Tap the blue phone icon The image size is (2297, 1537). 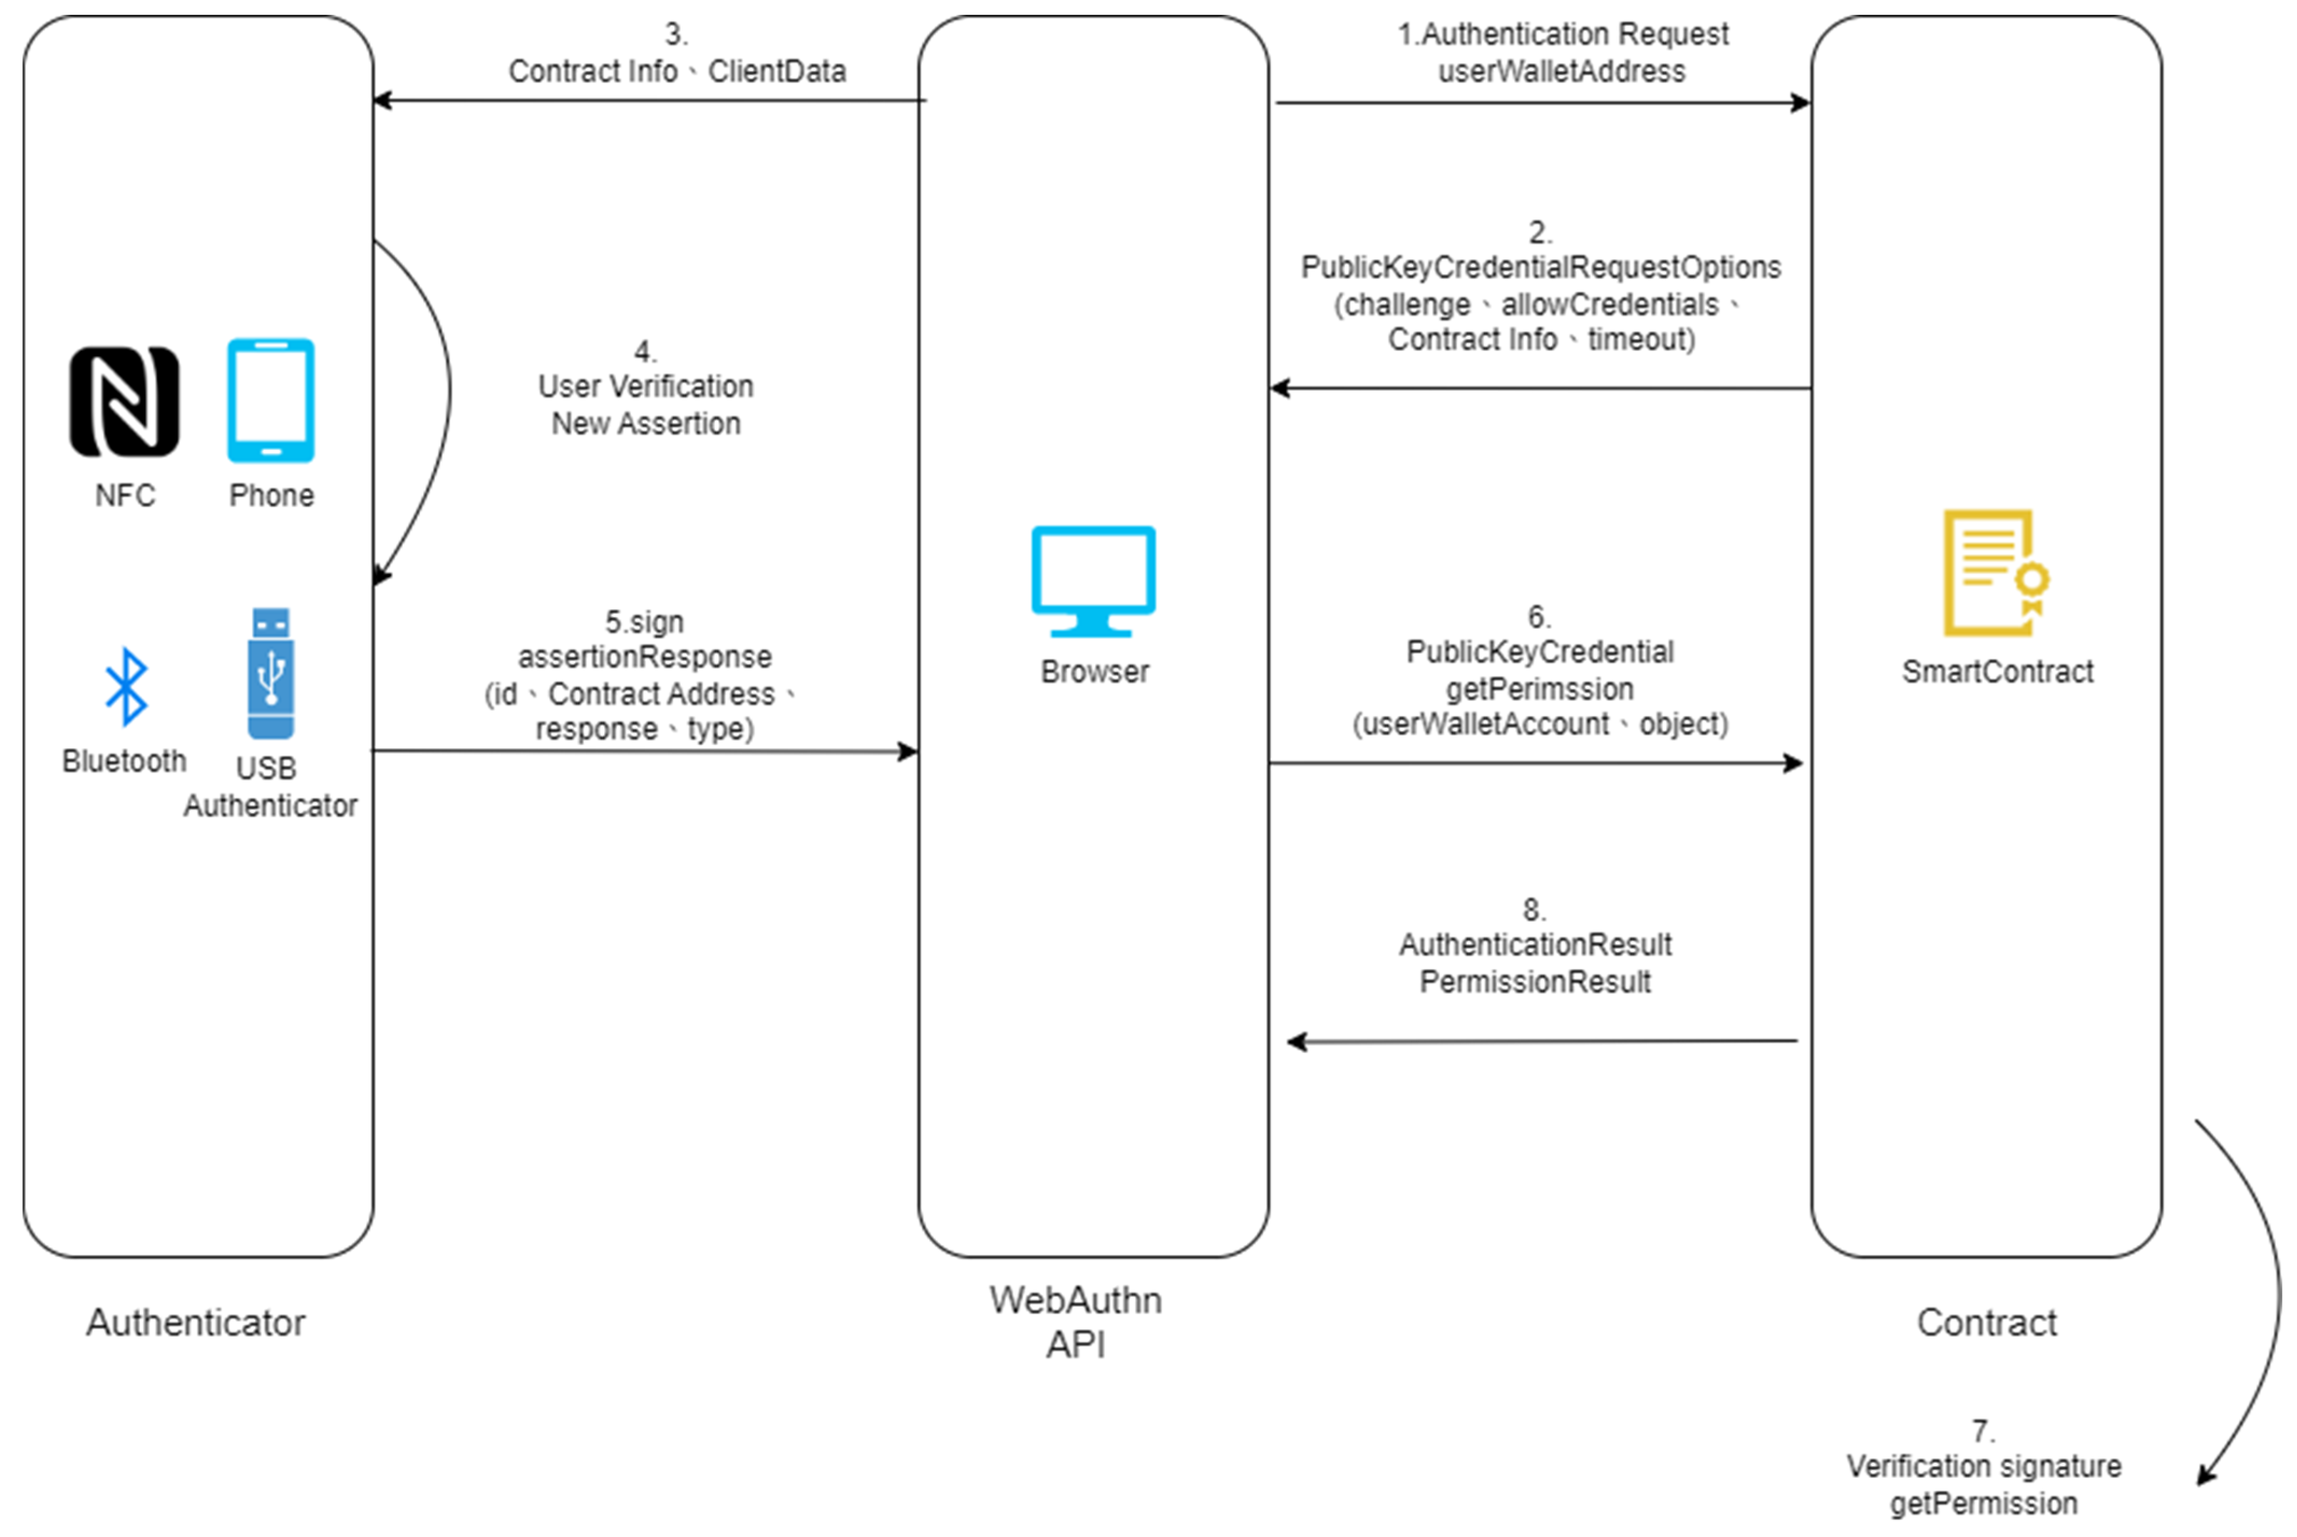click(x=271, y=401)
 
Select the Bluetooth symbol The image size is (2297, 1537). click(x=125, y=686)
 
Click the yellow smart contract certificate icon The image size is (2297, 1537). click(x=1994, y=573)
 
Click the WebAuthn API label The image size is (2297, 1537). click(x=1075, y=1321)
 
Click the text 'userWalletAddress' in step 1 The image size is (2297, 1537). click(x=1561, y=72)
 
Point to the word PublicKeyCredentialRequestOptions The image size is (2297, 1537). click(x=1540, y=268)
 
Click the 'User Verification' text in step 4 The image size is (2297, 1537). click(x=645, y=387)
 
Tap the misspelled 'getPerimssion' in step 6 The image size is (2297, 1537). click(x=1539, y=689)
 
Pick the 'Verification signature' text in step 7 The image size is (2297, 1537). click(x=1983, y=1466)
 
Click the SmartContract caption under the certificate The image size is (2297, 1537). click(x=1997, y=672)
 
